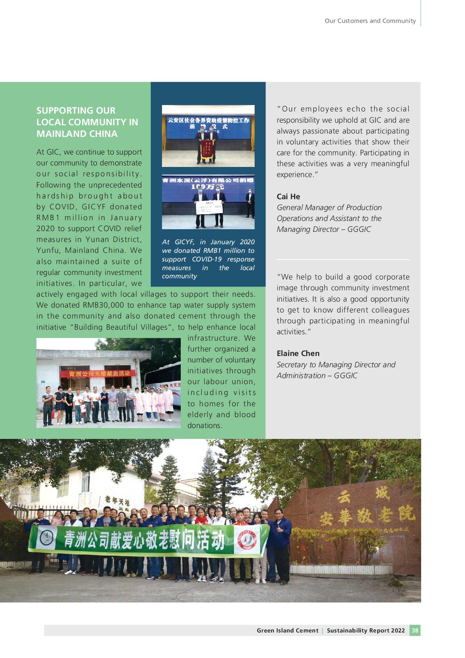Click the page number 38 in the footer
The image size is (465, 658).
click(x=415, y=630)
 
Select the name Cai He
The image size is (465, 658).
click(x=288, y=197)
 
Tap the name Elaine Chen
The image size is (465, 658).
click(x=298, y=353)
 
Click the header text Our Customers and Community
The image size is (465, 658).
click(x=370, y=21)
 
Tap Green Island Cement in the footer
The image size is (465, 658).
click(x=287, y=631)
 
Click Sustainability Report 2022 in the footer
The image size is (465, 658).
click(x=366, y=631)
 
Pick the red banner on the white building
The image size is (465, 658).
click(x=99, y=374)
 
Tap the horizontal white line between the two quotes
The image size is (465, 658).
click(x=343, y=259)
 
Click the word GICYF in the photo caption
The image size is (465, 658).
click(x=184, y=242)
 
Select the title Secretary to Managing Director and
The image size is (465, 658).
click(x=336, y=365)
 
